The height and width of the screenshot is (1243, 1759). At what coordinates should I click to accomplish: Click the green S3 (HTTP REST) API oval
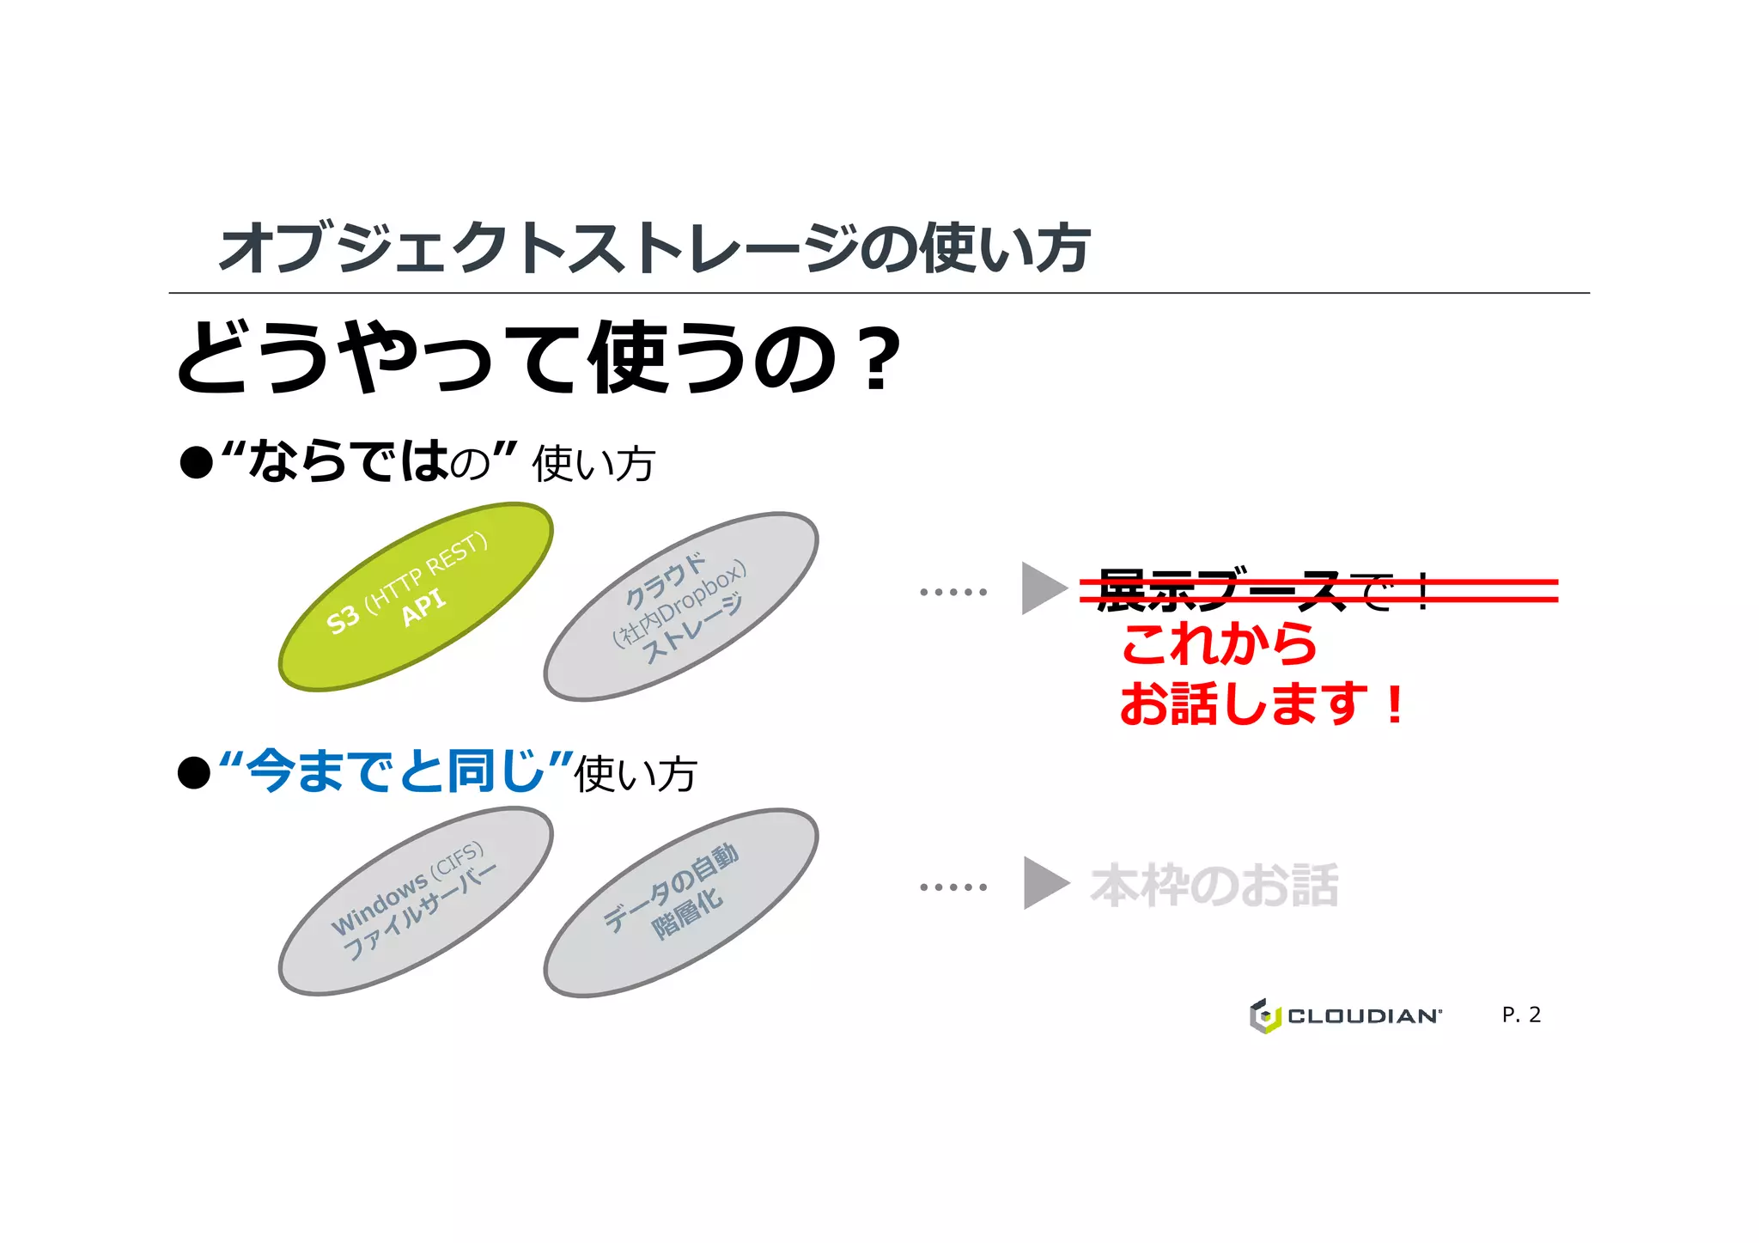[x=416, y=596]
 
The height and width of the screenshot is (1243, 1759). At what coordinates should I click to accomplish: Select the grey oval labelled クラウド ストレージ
[x=680, y=606]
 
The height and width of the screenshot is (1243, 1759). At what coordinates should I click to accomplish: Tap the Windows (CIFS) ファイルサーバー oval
[x=416, y=901]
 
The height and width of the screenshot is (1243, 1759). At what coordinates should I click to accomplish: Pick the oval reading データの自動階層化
[x=680, y=902]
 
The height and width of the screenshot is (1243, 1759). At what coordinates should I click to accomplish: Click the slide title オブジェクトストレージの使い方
[x=654, y=248]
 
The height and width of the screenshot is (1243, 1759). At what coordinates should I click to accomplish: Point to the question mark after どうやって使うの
[x=877, y=358]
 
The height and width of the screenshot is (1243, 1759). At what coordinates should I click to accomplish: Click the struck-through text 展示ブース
[x=1219, y=590]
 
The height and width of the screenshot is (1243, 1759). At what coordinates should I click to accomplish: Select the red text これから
[x=1219, y=644]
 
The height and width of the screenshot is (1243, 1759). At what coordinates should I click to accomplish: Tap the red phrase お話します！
[x=1261, y=704]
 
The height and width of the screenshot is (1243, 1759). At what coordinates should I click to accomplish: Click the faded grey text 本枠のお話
[x=1214, y=886]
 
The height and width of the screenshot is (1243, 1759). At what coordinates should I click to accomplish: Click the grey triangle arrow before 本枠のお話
[x=1044, y=883]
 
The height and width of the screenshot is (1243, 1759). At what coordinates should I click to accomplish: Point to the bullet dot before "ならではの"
[x=196, y=463]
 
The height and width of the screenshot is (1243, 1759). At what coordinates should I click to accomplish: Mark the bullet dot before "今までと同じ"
[x=194, y=772]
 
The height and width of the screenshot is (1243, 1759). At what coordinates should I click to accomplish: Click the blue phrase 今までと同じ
[x=396, y=771]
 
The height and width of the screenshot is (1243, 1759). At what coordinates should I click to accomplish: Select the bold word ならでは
[x=348, y=460]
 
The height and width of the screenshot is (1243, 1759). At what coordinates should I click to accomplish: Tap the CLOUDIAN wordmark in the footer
[x=1364, y=1016]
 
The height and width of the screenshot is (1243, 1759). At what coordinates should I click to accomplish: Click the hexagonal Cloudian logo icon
[x=1264, y=1015]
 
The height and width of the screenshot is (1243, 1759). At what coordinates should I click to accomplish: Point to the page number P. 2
[x=1521, y=1015]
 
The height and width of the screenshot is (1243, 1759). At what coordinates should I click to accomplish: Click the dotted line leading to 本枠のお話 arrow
[x=953, y=887]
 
